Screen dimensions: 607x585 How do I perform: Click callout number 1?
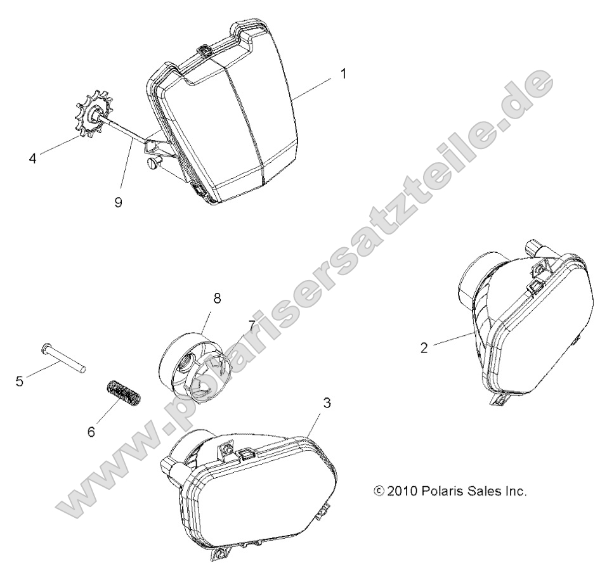click(343, 74)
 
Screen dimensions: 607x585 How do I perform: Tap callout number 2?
click(424, 347)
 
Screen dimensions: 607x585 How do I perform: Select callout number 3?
click(327, 403)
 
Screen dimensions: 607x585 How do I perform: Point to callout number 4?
click(33, 158)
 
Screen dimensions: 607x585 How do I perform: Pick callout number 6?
click(91, 432)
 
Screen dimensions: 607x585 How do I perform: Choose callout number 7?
click(252, 325)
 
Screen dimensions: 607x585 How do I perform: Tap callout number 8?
click(217, 299)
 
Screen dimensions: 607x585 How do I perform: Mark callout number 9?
click(119, 202)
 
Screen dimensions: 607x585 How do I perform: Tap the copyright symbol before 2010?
click(379, 491)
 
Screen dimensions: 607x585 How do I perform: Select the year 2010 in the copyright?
click(401, 491)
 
